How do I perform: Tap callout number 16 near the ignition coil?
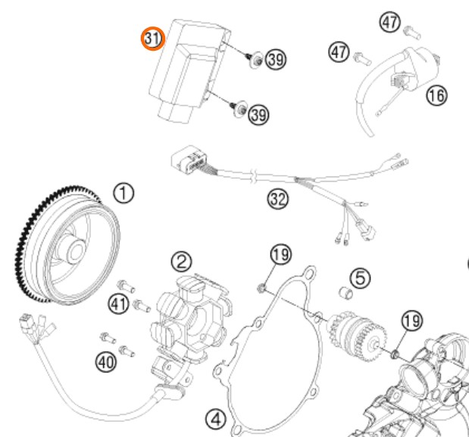coord(436,95)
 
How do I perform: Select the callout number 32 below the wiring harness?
coord(278,200)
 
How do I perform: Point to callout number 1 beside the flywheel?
coord(124,193)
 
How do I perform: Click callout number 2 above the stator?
coord(180,262)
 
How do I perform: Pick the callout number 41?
coord(117,305)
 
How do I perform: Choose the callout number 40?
coord(105,363)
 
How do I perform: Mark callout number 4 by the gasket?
coord(215,417)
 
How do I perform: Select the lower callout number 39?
coord(258,114)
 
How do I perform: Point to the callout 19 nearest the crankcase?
coord(411,321)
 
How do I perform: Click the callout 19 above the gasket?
coord(281,255)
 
